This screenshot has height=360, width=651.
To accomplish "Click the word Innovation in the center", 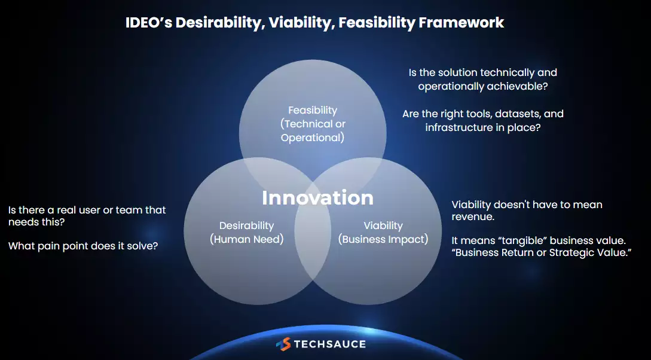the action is point(317,198).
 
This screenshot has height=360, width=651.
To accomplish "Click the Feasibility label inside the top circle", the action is point(313,111).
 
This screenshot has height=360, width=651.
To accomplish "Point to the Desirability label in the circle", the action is point(247,226).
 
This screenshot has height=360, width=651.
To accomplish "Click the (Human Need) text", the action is point(247,240).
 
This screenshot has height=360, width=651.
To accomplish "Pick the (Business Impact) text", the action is point(383,240).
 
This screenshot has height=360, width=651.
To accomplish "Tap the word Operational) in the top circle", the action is point(313,138).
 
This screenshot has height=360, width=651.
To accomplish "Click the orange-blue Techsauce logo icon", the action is point(283,344).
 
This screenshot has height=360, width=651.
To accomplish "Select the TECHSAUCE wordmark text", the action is point(330,344).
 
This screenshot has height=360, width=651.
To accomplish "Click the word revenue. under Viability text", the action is point(473,216).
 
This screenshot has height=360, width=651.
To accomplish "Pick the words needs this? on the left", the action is point(36,222).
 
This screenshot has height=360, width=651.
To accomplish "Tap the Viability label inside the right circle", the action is point(383,226).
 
